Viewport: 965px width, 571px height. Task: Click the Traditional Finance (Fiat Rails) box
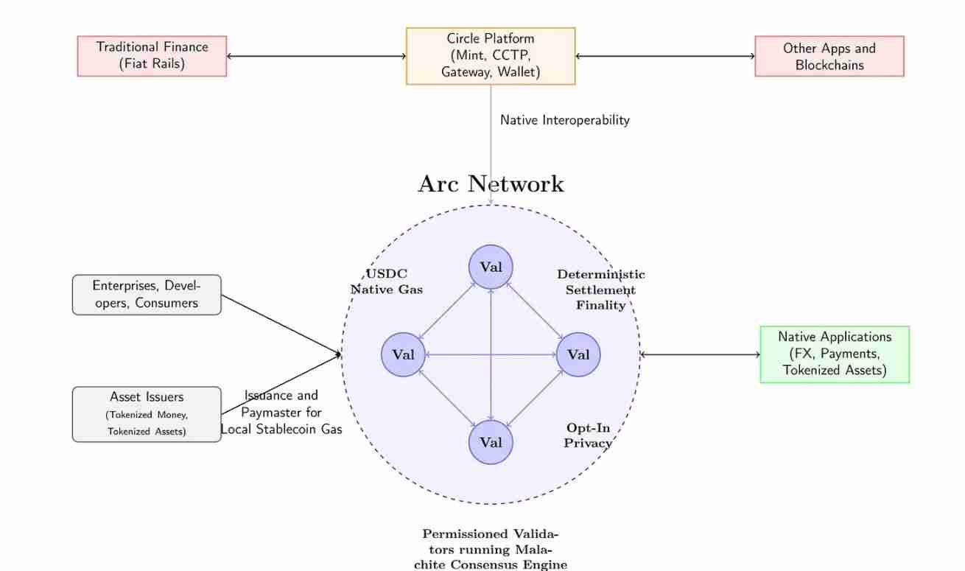coord(152,56)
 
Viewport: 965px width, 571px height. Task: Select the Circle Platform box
coord(491,56)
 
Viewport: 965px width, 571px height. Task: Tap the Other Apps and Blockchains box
coord(829,56)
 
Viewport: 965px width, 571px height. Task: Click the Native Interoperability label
coord(565,120)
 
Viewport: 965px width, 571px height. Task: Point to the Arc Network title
coord(491,184)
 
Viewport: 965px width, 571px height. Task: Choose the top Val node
coord(491,267)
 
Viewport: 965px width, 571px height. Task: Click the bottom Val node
coord(491,442)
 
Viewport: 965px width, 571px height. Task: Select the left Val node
coord(403,354)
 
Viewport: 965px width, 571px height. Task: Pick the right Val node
coord(578,354)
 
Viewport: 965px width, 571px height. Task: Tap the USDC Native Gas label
coord(387,282)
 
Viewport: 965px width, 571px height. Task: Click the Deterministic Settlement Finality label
coord(600,290)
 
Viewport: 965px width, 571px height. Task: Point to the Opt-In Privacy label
coord(588,435)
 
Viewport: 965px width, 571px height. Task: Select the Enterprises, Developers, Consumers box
coord(147,295)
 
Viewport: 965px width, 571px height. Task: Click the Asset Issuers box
coord(147,414)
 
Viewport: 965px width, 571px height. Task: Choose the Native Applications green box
coord(835,354)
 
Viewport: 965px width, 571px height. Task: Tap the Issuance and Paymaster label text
coord(281,413)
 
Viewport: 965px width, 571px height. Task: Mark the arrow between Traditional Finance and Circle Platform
coord(317,56)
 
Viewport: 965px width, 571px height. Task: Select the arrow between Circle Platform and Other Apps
coord(665,56)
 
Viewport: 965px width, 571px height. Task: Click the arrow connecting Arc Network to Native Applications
coord(700,354)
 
